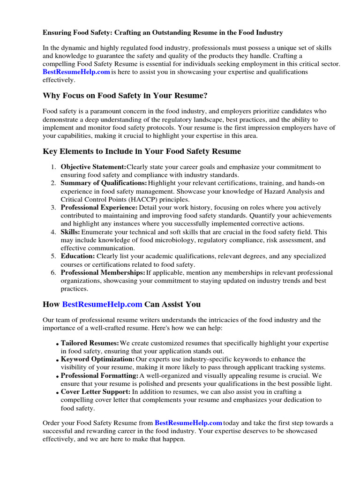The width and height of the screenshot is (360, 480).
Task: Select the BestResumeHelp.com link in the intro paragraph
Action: coord(76,72)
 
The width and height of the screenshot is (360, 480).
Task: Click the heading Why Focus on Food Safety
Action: coord(125,96)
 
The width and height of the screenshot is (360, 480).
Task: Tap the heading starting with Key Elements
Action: coord(142,151)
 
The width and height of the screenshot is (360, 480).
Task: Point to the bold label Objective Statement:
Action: coord(93,167)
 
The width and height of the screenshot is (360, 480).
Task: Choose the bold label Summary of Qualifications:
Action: coord(104,183)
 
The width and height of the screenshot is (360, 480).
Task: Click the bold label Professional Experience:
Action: coord(99,207)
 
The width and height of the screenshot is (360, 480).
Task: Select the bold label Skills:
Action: coord(70,232)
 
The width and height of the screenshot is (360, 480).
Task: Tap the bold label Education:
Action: coord(78,256)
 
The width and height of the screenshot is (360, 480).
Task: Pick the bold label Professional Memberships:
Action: coord(103,272)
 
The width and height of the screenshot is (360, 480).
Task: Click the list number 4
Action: coord(53,232)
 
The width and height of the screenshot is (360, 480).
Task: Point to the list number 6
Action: coord(53,272)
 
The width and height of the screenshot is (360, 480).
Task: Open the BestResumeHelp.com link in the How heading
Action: coord(102,304)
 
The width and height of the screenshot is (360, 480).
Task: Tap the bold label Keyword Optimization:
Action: coord(97,360)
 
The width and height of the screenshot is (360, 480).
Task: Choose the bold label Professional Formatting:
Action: coord(99,376)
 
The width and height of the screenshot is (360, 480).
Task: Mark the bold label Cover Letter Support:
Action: coord(96,392)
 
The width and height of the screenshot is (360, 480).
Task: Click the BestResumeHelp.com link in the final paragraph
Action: coord(188,423)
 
